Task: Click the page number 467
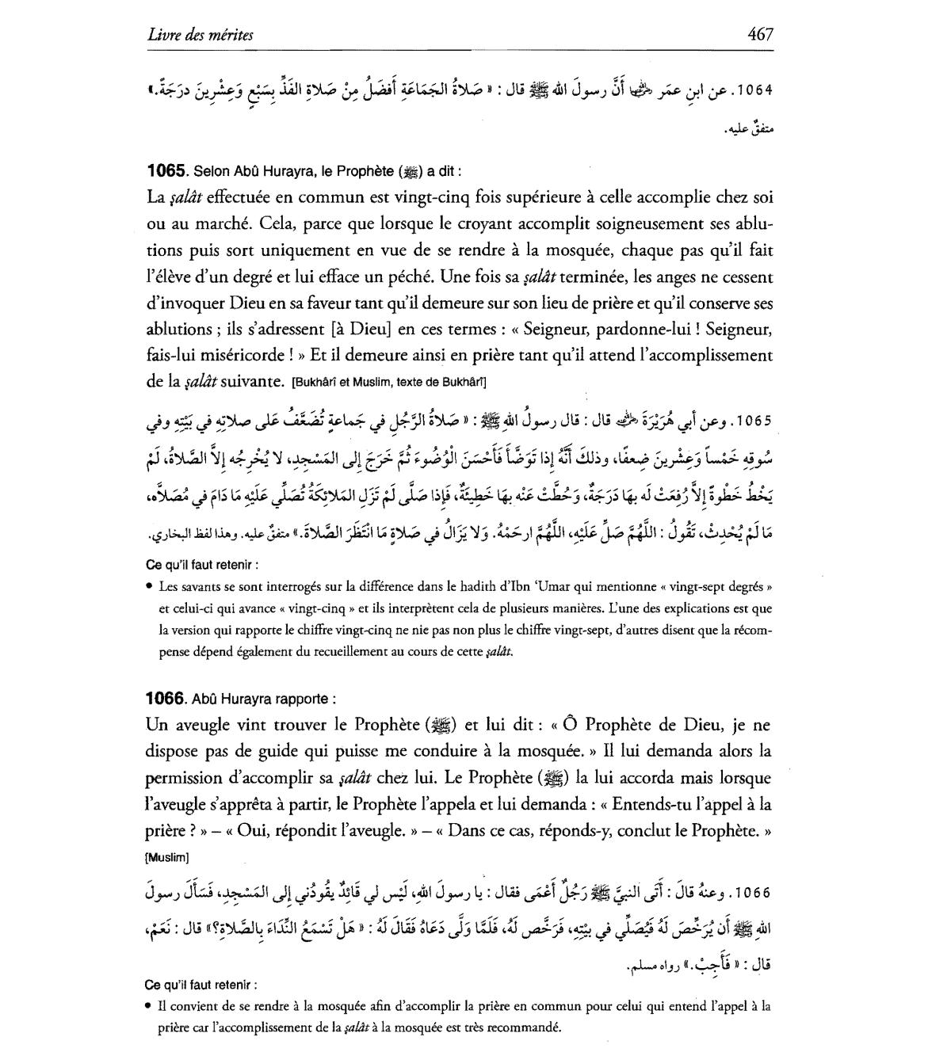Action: [x=759, y=34]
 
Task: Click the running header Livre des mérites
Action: [x=200, y=35]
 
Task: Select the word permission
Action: [x=189, y=778]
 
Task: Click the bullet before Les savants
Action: [x=150, y=588]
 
